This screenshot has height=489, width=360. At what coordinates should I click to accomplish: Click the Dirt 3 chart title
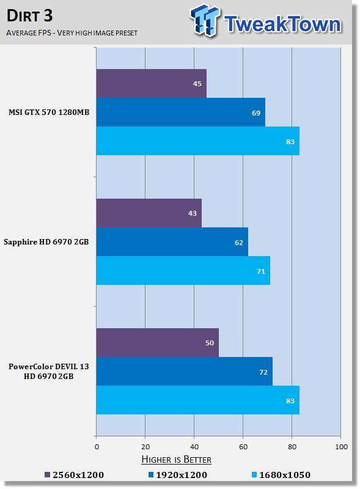point(29,16)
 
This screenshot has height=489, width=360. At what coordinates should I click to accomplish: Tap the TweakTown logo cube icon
point(205,20)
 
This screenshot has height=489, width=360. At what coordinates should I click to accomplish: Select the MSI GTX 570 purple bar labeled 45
point(152,83)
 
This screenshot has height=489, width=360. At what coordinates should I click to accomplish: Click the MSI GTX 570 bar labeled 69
point(181,112)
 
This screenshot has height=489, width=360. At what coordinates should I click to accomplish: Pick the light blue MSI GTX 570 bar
point(198,141)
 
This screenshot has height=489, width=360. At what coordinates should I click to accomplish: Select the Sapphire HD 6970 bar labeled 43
point(149,213)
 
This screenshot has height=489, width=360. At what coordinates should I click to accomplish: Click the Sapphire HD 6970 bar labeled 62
point(172,241)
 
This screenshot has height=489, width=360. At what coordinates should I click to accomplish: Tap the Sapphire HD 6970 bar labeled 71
point(183,270)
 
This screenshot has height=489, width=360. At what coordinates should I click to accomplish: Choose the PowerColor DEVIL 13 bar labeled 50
point(158,342)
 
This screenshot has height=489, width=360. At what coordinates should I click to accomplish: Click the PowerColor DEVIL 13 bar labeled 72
point(185,372)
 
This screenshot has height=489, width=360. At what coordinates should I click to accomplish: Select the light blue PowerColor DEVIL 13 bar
point(198,400)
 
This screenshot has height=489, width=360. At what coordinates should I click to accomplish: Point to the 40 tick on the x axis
point(194,447)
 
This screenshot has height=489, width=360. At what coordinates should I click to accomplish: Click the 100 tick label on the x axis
point(341,447)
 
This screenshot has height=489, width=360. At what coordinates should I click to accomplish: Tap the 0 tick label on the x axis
point(97,447)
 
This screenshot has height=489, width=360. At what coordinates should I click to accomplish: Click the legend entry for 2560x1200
point(74,475)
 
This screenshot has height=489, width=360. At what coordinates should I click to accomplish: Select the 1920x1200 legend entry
point(178,475)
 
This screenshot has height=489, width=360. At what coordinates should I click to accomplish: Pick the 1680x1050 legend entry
point(281,475)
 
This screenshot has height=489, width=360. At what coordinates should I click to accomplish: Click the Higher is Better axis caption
point(176,460)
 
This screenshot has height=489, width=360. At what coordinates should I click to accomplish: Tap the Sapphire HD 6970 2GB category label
point(46,242)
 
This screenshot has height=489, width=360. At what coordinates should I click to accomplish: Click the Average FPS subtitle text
point(72,33)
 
